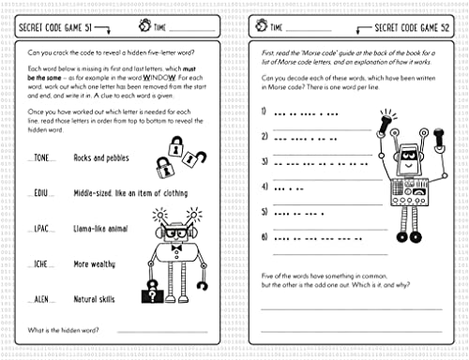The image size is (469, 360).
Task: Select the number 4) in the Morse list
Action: coord(265,186)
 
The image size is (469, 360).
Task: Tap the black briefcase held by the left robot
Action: coord(151,296)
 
